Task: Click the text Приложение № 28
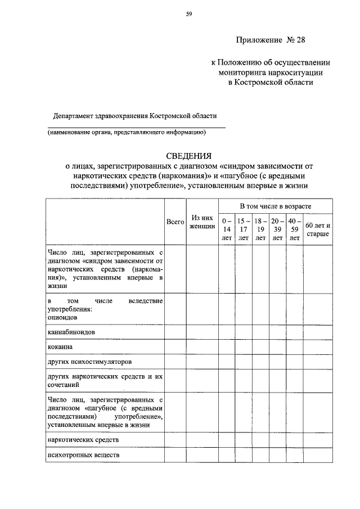pyautogui.click(x=272, y=40)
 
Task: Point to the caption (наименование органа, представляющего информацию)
pyautogui.click(x=127, y=133)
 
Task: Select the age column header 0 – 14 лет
pyautogui.click(x=227, y=229)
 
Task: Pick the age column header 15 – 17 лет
pyautogui.click(x=244, y=229)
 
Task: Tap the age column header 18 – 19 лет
pyautogui.click(x=260, y=229)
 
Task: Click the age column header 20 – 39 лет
pyautogui.click(x=277, y=229)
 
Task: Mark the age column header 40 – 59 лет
pyautogui.click(x=294, y=229)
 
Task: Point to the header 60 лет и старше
pyautogui.click(x=318, y=229)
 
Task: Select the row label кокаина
pyautogui.click(x=60, y=346)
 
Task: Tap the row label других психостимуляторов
pyautogui.click(x=90, y=362)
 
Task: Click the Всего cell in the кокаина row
pyautogui.click(x=175, y=346)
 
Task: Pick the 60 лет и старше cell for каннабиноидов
pyautogui.click(x=318, y=332)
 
